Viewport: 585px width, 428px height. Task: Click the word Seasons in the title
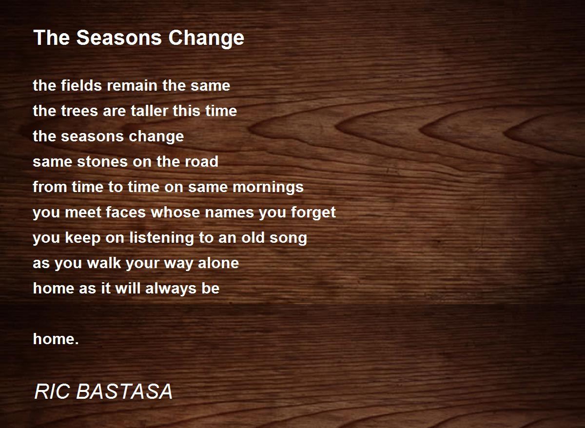119,38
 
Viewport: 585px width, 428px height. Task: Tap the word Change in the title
206,39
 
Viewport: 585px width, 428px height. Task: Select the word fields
81,85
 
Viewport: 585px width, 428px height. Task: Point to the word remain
132,85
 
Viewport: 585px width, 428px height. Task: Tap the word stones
102,161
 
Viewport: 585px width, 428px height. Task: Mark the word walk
104,263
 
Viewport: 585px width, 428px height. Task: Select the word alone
218,263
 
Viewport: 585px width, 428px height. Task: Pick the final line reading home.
56,339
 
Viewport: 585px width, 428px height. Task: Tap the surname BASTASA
124,392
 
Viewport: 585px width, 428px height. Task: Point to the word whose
175,212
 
